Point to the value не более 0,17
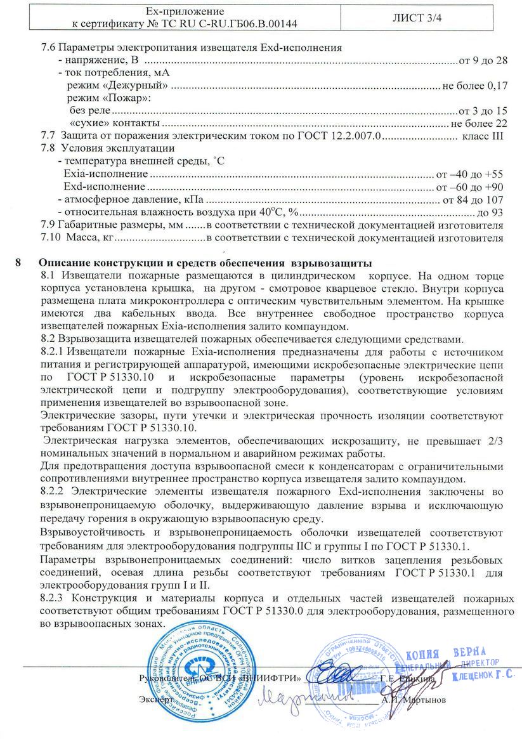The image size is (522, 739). (x=475, y=85)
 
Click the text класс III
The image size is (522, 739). (x=483, y=135)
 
